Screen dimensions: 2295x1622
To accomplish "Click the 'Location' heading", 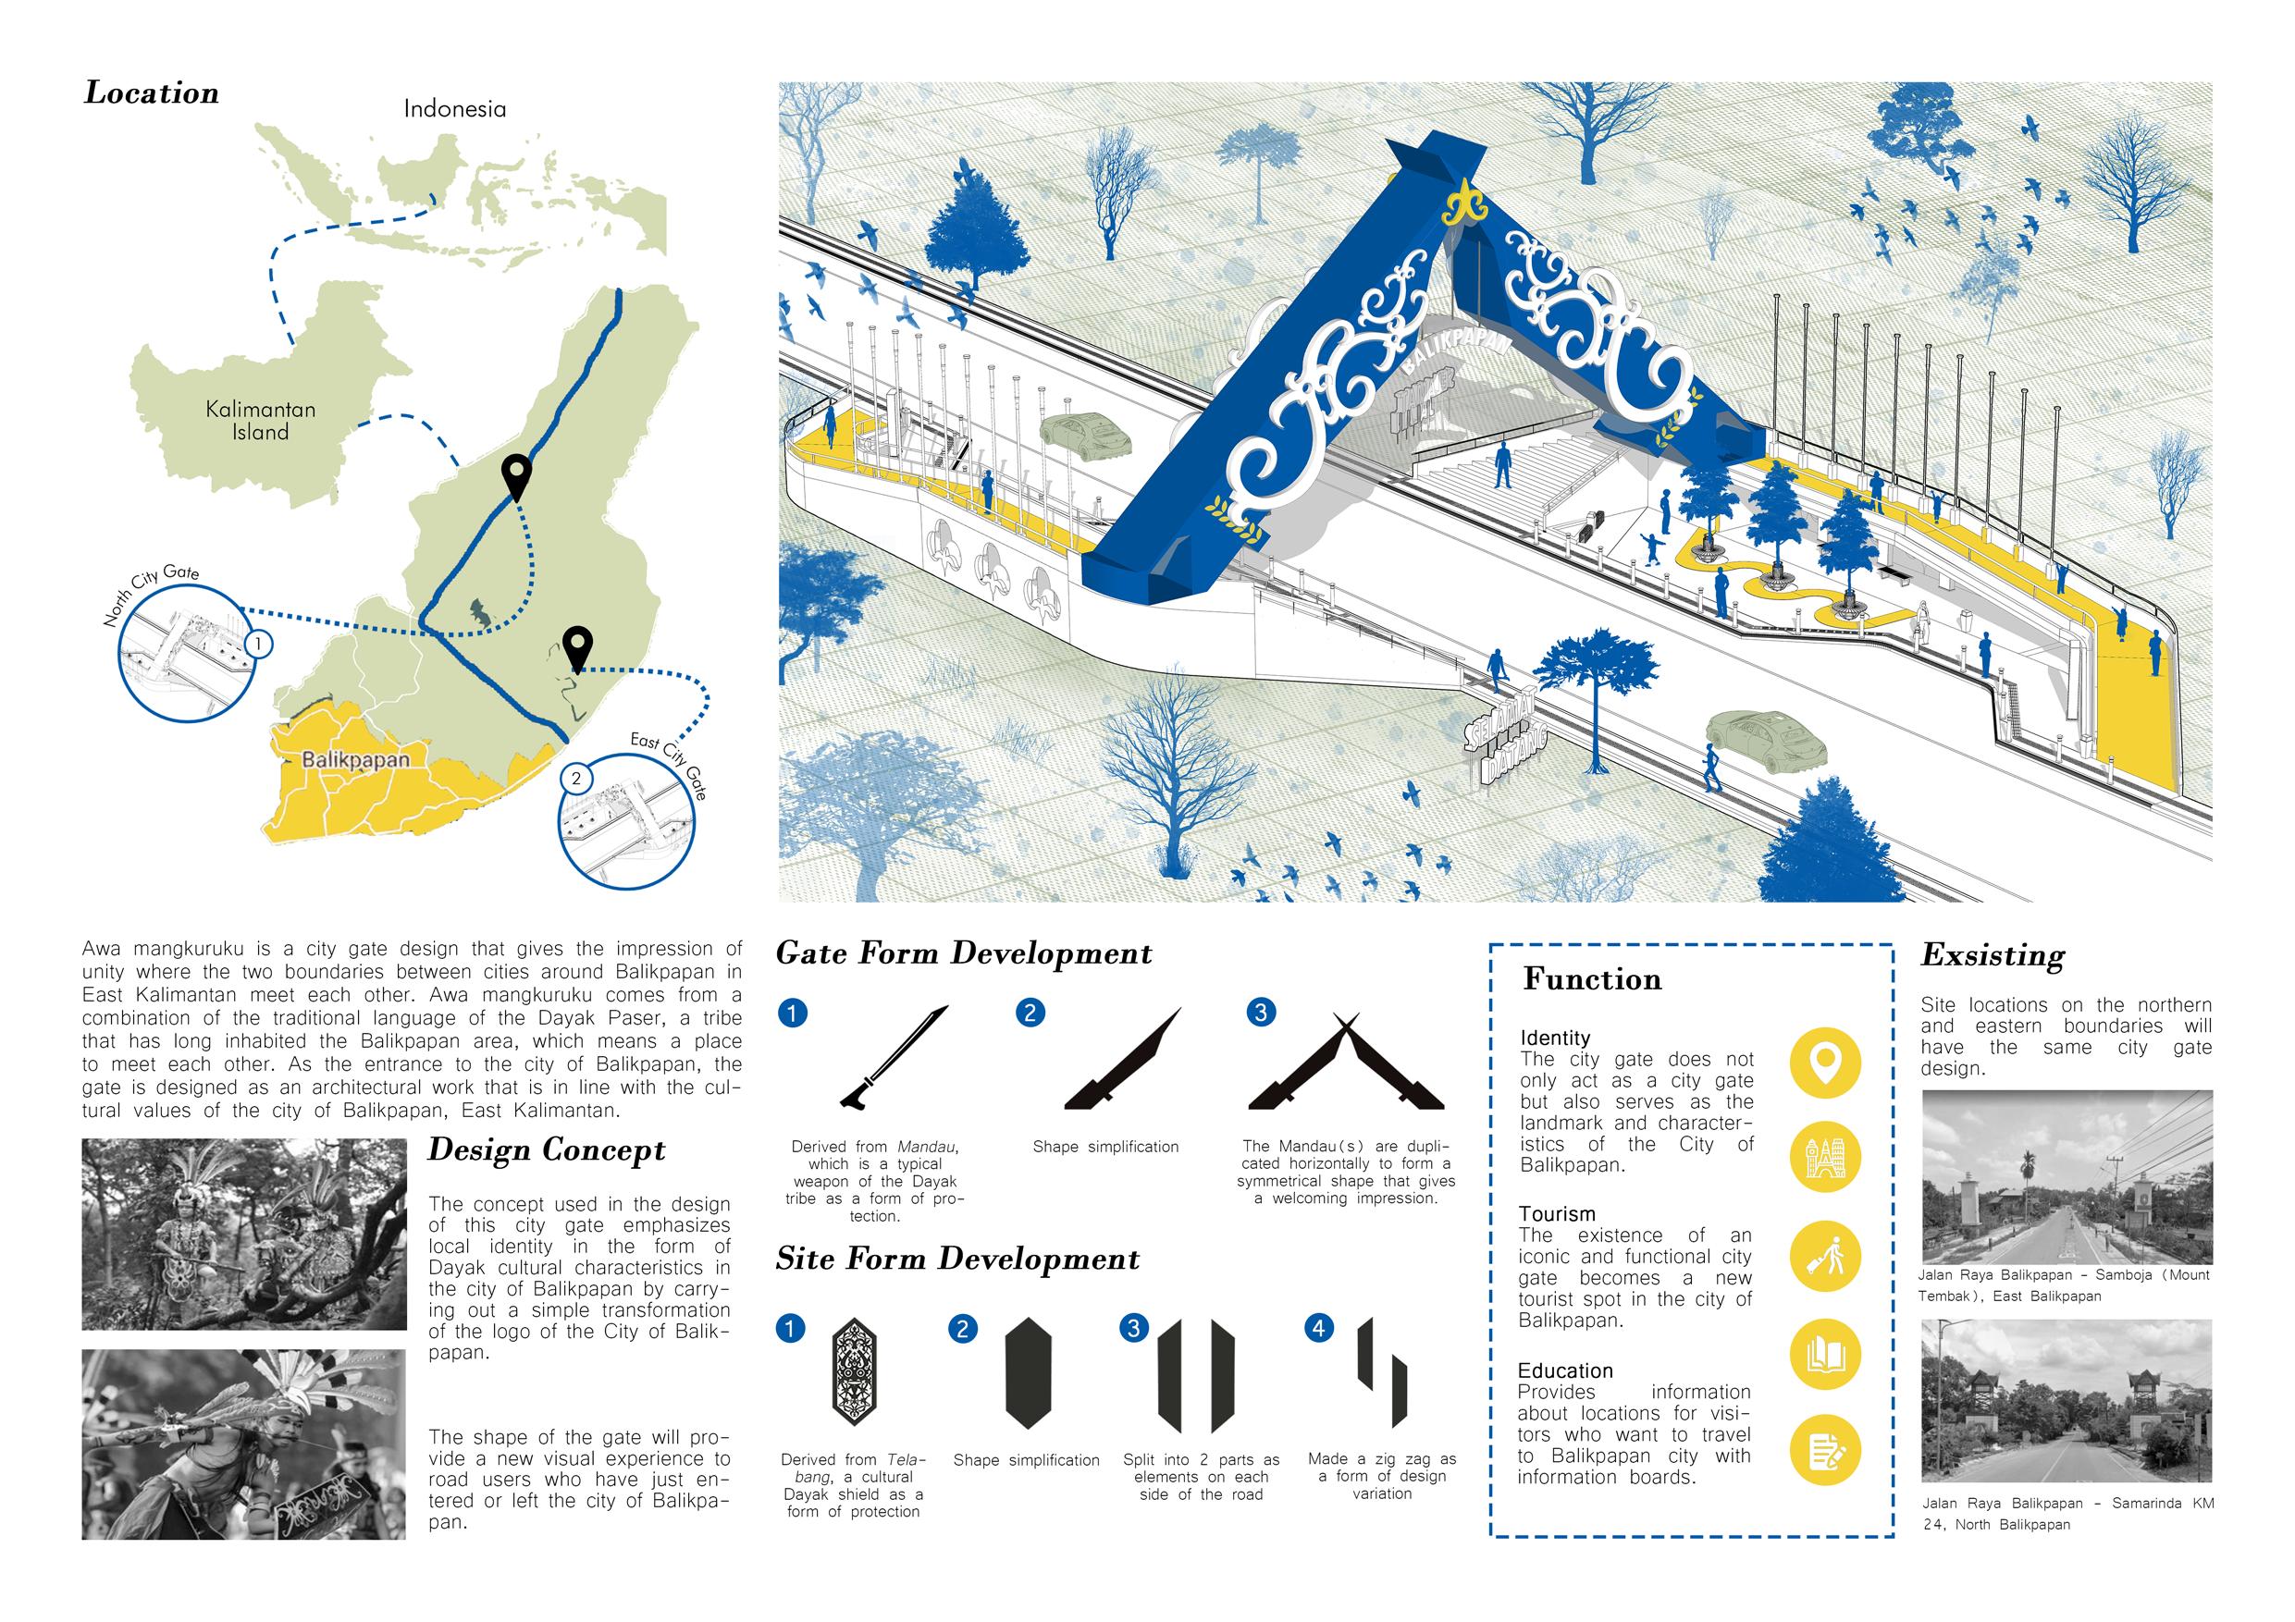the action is pos(152,93).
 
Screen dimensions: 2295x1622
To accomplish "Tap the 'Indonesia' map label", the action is pos(455,109).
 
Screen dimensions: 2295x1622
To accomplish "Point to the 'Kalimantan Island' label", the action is pos(261,421).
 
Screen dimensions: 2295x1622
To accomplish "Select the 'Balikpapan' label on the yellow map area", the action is pos(355,759).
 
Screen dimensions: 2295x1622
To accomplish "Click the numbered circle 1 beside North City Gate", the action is pos(258,643).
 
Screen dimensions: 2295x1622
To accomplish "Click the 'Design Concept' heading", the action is pos(547,1150).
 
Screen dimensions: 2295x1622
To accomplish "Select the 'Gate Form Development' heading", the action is pos(964,953).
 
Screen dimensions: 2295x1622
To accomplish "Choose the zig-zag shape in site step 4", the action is pos(1381,1370).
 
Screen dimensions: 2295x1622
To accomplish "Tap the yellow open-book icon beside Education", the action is pos(1825,1355).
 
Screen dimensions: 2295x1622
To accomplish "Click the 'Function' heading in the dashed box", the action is pos(1592,979).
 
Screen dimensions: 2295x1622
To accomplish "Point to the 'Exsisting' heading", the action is pos(1993,956).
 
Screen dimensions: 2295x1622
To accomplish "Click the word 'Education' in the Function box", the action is pos(1565,1371).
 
